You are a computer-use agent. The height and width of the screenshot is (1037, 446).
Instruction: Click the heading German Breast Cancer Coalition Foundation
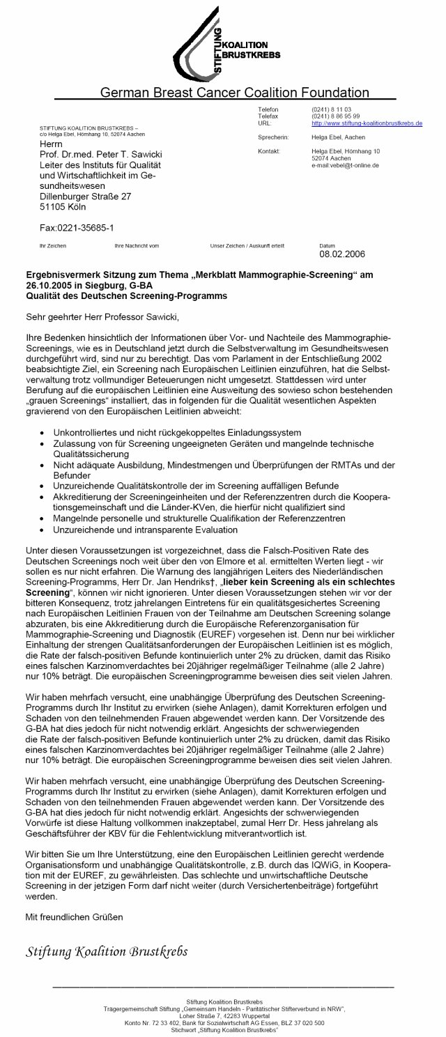point(235,92)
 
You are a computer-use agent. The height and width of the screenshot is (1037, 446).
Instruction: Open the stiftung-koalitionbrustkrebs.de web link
point(367,123)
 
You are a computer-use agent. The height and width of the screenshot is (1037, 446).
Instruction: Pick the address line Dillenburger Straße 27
point(85,197)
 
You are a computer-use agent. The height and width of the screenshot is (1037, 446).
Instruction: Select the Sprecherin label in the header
point(272,137)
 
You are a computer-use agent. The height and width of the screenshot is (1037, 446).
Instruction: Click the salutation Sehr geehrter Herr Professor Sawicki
point(102,318)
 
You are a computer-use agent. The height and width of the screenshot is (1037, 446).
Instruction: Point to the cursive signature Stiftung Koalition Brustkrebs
point(106,951)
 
